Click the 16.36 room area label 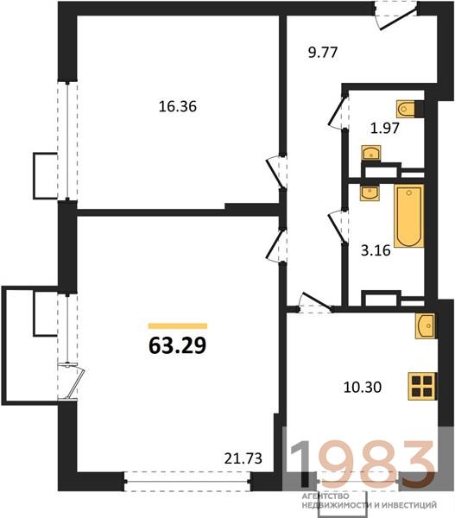tap(178, 107)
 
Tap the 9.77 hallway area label tap(323, 53)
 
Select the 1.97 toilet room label tap(385, 128)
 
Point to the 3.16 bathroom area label tap(376, 250)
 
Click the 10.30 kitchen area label tap(363, 387)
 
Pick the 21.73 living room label tap(243, 458)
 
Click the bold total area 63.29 tap(178, 346)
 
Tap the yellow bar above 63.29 tap(178, 326)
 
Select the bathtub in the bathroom tap(409, 217)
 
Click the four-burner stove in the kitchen tap(422, 386)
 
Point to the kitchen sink tap(426, 326)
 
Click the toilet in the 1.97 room tap(410, 109)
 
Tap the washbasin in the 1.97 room tap(371, 154)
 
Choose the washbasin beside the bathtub tap(370, 193)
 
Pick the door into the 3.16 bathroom tap(338, 227)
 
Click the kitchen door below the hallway tap(314, 303)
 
